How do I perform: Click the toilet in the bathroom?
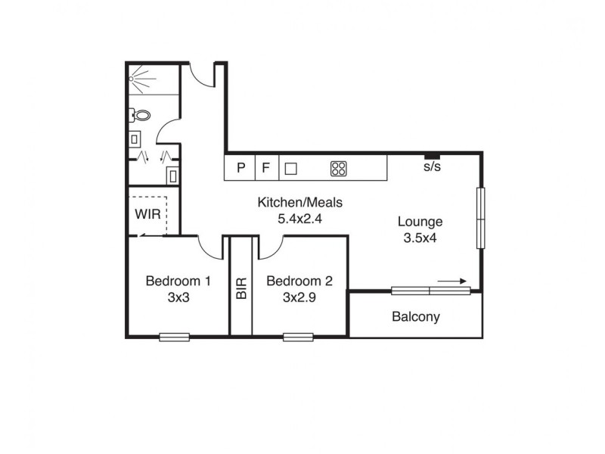pyautogui.click(x=141, y=116)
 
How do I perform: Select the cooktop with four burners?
pyautogui.click(x=338, y=169)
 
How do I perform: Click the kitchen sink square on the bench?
pyautogui.click(x=290, y=169)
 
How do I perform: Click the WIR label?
pyautogui.click(x=147, y=213)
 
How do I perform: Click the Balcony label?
pyautogui.click(x=415, y=317)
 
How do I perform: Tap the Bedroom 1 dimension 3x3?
pyautogui.click(x=178, y=297)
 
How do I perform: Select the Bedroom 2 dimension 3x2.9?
pyautogui.click(x=299, y=297)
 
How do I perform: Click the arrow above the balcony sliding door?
pyautogui.click(x=452, y=281)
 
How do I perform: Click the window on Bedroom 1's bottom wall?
pyautogui.click(x=174, y=337)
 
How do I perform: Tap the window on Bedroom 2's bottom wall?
pyautogui.click(x=298, y=337)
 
